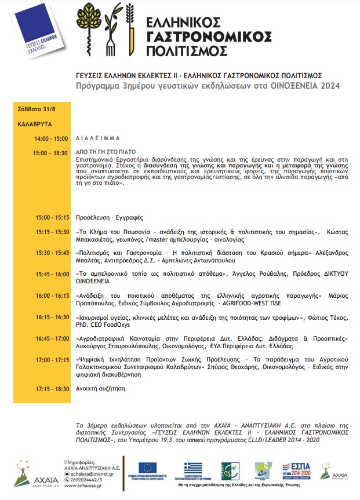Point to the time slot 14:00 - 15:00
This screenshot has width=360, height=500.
(51, 139)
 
